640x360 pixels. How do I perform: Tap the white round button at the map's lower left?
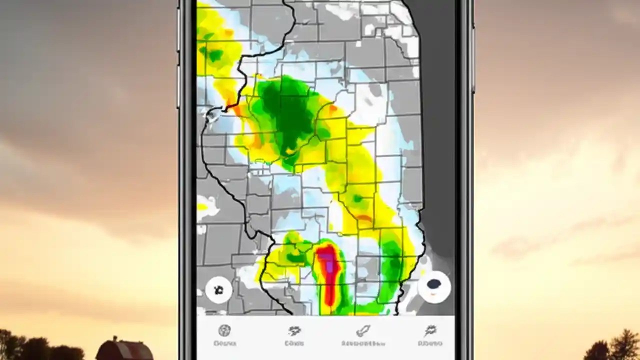[x=218, y=289]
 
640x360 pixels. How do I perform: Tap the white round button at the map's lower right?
[x=434, y=286]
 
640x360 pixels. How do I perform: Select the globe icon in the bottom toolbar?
[x=224, y=330]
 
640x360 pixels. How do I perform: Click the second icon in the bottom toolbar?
[x=294, y=330]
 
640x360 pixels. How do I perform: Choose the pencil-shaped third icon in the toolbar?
[x=363, y=330]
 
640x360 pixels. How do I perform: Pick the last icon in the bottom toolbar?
[x=430, y=330]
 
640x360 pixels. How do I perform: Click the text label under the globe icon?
[x=224, y=343]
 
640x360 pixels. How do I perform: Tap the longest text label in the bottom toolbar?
[x=363, y=343]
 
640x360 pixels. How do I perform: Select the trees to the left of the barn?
[x=30, y=347]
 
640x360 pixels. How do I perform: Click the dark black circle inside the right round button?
[x=434, y=284]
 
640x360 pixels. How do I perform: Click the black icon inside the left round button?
[x=218, y=289]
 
